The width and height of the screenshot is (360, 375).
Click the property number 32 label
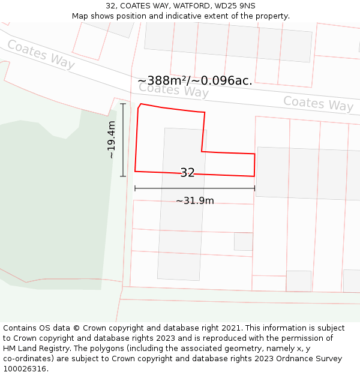click(187, 173)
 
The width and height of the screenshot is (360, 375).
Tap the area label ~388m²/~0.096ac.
click(195, 80)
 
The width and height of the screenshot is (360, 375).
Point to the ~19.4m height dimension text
click(111, 140)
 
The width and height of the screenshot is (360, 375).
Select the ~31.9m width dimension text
click(194, 200)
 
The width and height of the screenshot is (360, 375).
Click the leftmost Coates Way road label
click(41, 55)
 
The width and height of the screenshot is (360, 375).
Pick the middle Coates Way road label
click(173, 90)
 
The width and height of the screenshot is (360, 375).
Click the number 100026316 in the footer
click(25, 368)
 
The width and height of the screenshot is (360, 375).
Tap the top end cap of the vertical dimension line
click(123, 104)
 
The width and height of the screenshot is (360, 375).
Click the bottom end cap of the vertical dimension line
click(123, 176)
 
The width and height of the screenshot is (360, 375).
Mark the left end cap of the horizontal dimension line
click(135, 188)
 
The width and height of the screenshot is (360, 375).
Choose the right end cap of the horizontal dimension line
click(255, 188)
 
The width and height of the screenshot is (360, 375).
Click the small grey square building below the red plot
click(243, 241)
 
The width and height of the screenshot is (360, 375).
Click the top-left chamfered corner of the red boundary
click(139, 106)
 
